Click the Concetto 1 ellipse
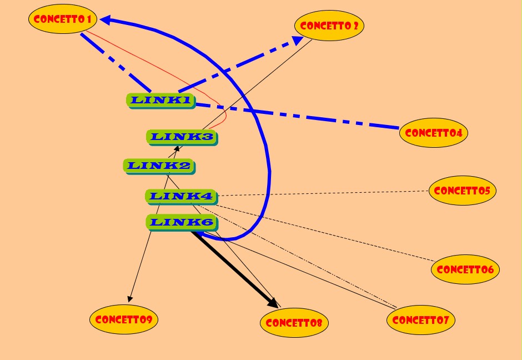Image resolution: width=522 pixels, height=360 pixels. [63, 19]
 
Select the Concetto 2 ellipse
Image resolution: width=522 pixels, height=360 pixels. [329, 26]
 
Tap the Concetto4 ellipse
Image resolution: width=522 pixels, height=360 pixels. [433, 133]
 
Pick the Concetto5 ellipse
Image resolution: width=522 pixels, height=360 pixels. [462, 191]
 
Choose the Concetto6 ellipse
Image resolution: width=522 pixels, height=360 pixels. [465, 269]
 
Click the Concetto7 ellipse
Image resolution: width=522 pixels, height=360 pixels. [420, 320]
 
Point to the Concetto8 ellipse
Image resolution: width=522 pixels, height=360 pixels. [294, 323]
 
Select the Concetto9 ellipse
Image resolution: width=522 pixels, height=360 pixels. [123, 319]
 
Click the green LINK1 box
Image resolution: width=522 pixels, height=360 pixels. [160, 101]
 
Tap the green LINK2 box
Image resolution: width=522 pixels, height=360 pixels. [158, 166]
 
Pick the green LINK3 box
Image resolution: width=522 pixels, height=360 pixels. [182, 137]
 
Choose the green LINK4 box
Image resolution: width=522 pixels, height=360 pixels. [180, 196]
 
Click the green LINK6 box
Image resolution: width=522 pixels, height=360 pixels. [180, 223]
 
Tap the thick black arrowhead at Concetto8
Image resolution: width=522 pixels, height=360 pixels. [273, 303]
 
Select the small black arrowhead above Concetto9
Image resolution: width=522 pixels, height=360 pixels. [130, 298]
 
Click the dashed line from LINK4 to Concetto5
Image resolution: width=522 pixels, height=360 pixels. [322, 193]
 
